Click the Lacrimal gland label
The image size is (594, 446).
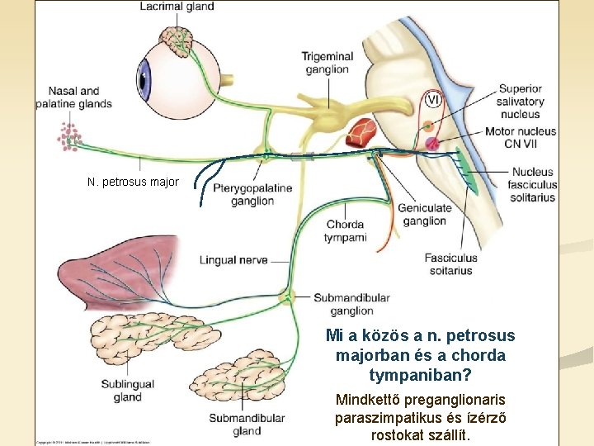[177, 7]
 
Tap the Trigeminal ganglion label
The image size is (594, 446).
[327, 63]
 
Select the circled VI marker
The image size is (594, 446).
[433, 100]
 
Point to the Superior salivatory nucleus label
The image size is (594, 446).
[520, 102]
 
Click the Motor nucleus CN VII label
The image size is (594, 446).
[520, 137]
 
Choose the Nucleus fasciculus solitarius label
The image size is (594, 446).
[533, 184]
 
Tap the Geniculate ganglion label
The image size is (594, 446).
[424, 214]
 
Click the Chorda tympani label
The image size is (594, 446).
[345, 230]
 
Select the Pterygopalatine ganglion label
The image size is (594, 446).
[252, 194]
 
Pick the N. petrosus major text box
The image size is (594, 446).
[133, 182]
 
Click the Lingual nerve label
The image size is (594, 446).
[233, 260]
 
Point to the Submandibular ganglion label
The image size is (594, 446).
[351, 304]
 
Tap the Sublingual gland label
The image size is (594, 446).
[128, 390]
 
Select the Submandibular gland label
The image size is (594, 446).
[247, 425]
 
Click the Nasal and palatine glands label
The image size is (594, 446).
[73, 97]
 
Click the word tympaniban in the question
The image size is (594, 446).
[420, 375]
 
